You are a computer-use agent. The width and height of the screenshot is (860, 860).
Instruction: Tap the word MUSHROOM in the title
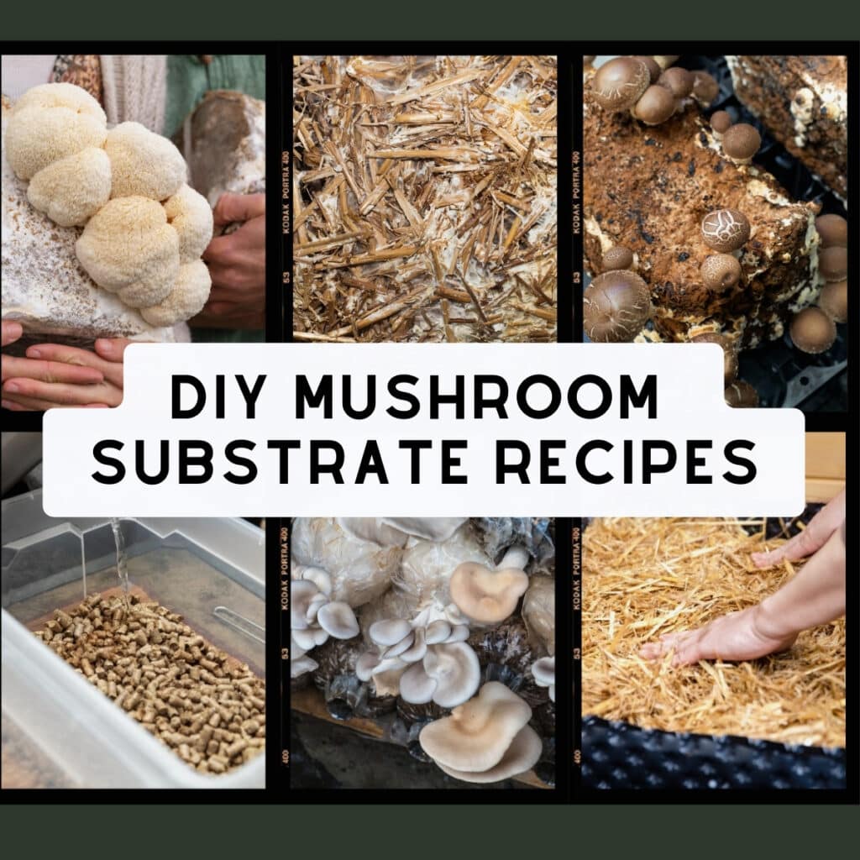pyautogui.click(x=475, y=397)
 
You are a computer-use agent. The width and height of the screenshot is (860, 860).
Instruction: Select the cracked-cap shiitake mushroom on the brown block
pyautogui.click(x=725, y=228)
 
